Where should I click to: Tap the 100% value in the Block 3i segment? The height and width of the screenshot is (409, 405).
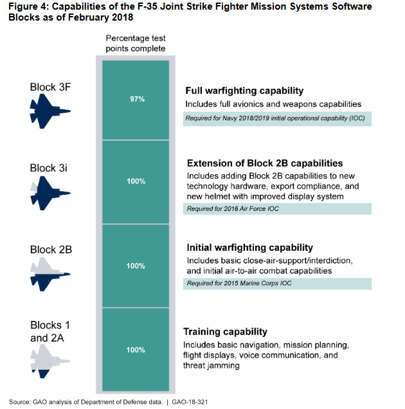click(x=136, y=182)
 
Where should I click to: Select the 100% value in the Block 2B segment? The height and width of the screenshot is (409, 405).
click(x=136, y=266)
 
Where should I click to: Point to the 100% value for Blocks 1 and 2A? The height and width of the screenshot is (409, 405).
click(x=136, y=350)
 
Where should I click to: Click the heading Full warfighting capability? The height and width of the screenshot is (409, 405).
click(x=244, y=91)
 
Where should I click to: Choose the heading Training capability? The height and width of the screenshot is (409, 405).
click(x=225, y=332)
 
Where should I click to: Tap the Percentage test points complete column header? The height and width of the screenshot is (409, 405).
click(x=136, y=44)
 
